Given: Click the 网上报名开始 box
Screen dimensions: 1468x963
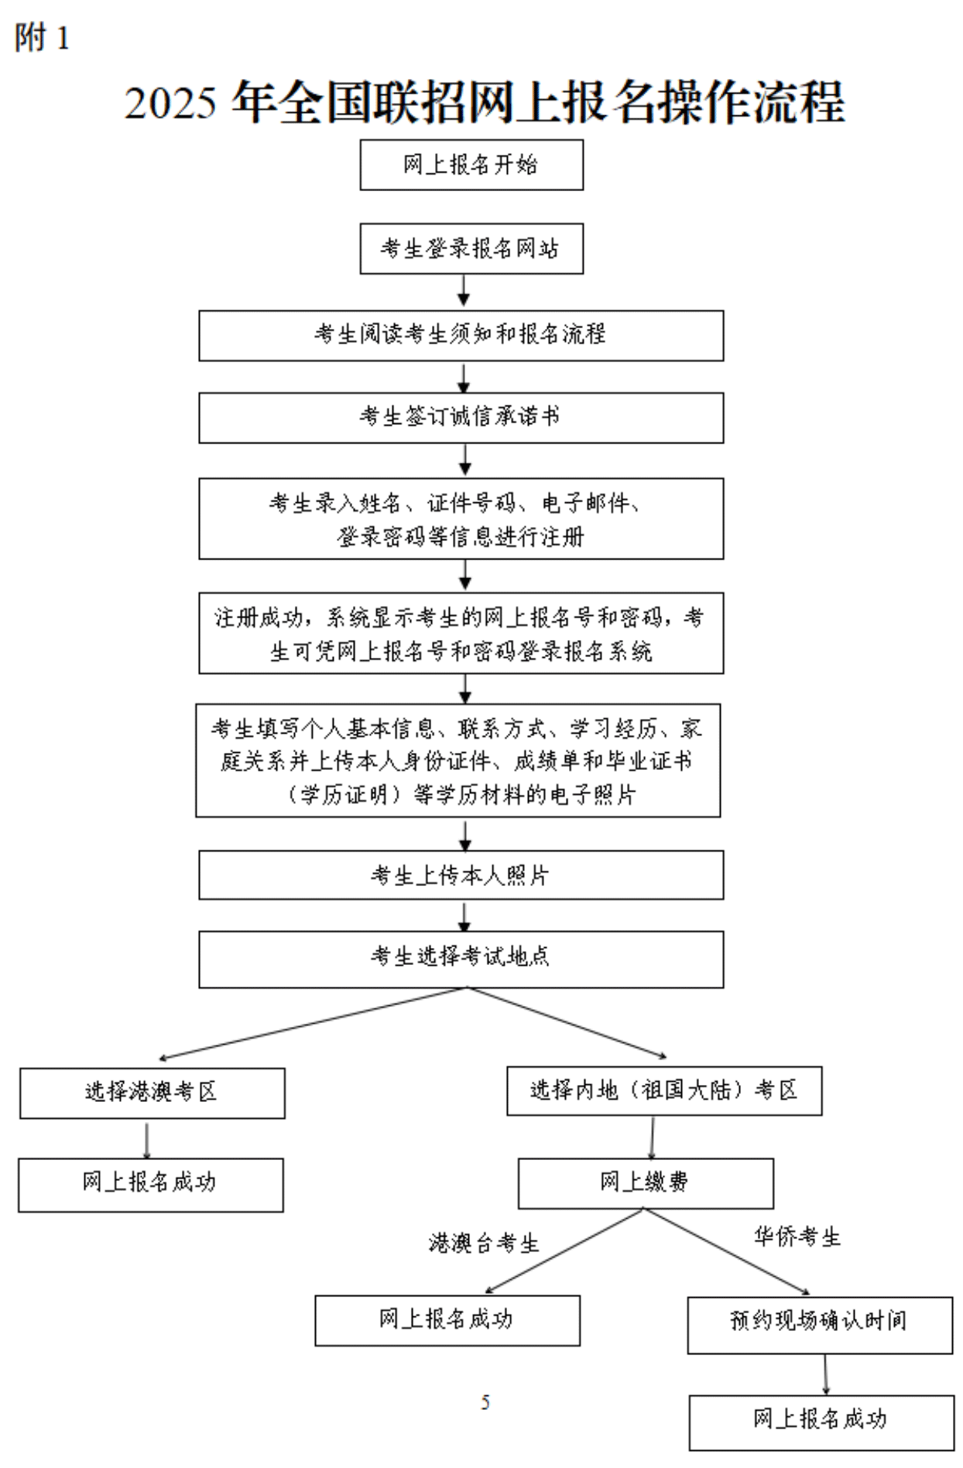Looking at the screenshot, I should pyautogui.click(x=471, y=165).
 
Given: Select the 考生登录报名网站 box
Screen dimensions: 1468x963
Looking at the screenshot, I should pyautogui.click(x=471, y=248).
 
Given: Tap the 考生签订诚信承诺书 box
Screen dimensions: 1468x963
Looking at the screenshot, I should pyautogui.click(x=461, y=418).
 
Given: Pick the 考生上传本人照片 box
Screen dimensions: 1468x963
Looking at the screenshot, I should pyautogui.click(x=461, y=875).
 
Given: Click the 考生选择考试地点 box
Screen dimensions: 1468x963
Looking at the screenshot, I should pyautogui.click(x=461, y=959).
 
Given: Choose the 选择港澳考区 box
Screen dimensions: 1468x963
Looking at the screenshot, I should pyautogui.click(x=152, y=1093).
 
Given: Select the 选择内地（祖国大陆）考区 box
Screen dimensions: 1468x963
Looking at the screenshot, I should pyautogui.click(x=663, y=1091).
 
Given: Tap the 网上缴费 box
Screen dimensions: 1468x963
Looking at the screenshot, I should pyautogui.click(x=645, y=1183).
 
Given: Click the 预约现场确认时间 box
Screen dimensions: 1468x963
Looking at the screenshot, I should pyautogui.click(x=819, y=1325).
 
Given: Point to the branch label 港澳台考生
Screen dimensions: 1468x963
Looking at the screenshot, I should pyautogui.click(x=484, y=1244).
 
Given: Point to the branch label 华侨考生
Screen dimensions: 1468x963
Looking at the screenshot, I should pyautogui.click(x=797, y=1237).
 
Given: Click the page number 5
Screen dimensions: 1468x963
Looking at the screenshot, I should pyautogui.click(x=485, y=1402).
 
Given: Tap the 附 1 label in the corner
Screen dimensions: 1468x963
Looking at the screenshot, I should pyautogui.click(x=43, y=38).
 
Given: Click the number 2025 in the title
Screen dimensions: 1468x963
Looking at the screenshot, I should pyautogui.click(x=170, y=103).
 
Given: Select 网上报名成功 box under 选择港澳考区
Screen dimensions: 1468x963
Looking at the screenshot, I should pyautogui.click(x=150, y=1185).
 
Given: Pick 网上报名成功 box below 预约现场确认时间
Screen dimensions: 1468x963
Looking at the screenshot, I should pyautogui.click(x=821, y=1422).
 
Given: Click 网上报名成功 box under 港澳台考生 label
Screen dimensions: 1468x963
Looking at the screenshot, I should pyautogui.click(x=447, y=1320).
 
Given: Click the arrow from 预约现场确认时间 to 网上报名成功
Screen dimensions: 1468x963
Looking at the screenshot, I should pyautogui.click(x=826, y=1374).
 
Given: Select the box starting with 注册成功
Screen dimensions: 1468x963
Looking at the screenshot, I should pyautogui.click(x=461, y=633).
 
